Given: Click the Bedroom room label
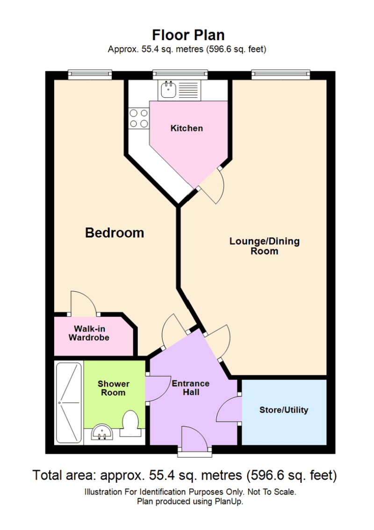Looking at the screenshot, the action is (115, 233).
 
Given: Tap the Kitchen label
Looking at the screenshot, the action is (187, 129).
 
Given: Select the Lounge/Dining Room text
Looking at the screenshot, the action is (265, 246).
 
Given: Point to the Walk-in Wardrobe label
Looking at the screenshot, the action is (89, 333).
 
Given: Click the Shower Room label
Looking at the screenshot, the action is (114, 388).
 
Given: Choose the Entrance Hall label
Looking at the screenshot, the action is (191, 388).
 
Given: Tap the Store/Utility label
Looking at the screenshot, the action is (284, 410).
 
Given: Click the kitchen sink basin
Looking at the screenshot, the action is (168, 89).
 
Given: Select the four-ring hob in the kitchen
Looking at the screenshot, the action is (139, 118).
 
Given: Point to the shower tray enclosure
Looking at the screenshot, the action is (69, 403).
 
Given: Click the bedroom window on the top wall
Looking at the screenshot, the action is (90, 74).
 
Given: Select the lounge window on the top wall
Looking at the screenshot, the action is (280, 74).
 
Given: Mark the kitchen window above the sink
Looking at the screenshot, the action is (180, 74).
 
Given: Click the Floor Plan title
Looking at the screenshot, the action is (188, 35).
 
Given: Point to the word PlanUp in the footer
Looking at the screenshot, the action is (229, 501).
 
